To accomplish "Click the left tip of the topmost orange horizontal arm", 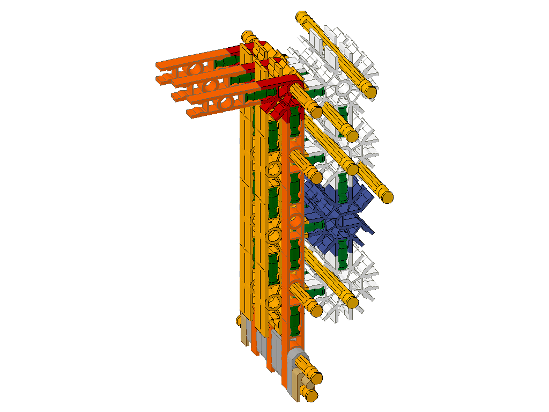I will click(x=159, y=65).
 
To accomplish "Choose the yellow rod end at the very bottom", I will click(x=310, y=396).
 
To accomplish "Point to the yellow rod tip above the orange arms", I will click(x=247, y=37).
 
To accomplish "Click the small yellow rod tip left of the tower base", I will click(x=239, y=321).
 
